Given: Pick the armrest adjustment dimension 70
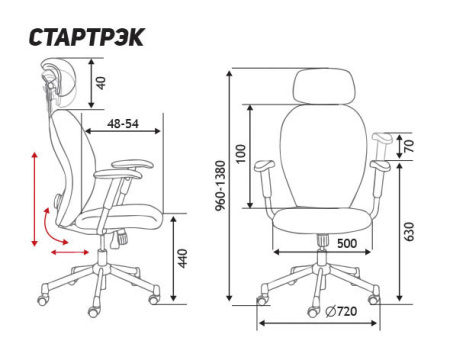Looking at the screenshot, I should coord(408,146).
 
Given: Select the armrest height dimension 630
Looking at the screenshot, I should coord(408,231).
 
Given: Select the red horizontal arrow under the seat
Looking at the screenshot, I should coord(67,252).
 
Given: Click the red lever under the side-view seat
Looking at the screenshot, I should coord(117,238).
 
